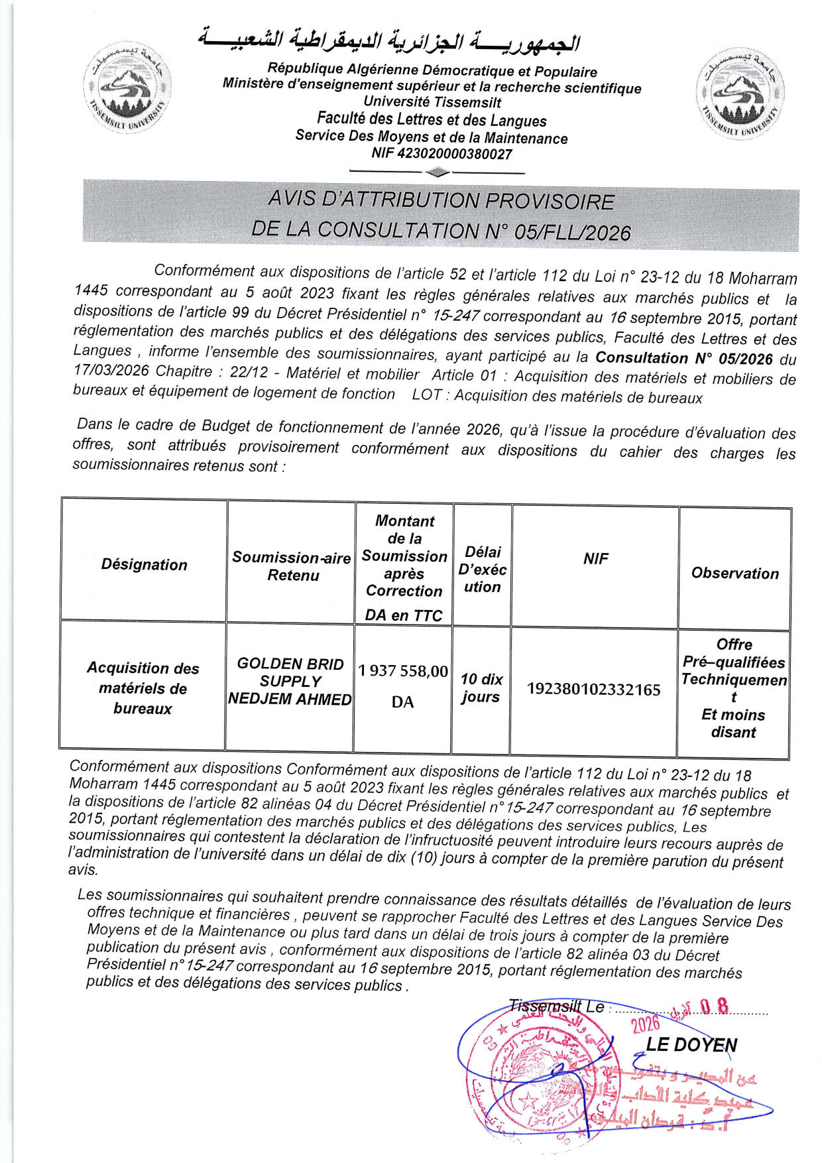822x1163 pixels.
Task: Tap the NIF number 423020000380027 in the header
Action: (x=442, y=154)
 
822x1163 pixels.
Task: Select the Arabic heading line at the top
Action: (x=390, y=41)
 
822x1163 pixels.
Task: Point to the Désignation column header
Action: (x=144, y=564)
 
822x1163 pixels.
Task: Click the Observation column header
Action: (x=734, y=574)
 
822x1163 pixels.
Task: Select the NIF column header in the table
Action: (x=595, y=559)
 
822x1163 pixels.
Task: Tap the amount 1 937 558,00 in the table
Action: (x=403, y=671)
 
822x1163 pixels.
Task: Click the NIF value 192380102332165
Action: (x=593, y=690)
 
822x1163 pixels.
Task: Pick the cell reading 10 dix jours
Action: (x=481, y=688)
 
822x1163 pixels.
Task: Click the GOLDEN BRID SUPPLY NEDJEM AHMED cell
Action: (x=290, y=682)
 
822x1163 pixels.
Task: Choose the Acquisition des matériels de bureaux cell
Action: (x=143, y=688)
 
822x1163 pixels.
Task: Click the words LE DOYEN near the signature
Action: (x=691, y=1044)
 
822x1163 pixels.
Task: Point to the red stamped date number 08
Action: (x=714, y=1007)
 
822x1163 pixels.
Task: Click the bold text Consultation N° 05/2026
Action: (x=684, y=358)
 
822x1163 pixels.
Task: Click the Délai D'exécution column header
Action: (x=483, y=570)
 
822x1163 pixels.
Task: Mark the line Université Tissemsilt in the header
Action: (x=432, y=103)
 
